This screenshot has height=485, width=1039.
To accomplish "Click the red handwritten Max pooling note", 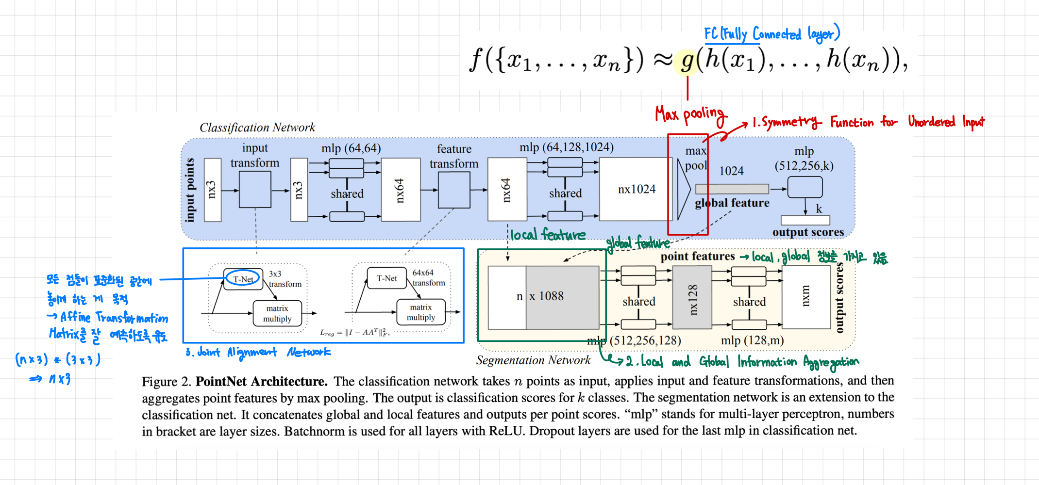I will (689, 114).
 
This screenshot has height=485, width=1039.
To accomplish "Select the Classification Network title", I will (257, 128).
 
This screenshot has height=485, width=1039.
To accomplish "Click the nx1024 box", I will (636, 189).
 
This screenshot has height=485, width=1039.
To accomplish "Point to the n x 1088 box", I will (543, 296).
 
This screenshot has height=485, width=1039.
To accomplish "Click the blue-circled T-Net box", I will (243, 279).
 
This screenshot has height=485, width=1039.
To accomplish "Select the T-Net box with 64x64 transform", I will (386, 278).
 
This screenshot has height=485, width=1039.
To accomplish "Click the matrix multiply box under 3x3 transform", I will (277, 314).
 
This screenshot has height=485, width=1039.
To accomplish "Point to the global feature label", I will (732, 203).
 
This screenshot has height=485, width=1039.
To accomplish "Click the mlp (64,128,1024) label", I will (566, 147).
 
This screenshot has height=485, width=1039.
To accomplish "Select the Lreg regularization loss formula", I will (354, 333).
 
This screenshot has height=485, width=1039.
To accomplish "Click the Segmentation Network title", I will (533, 360).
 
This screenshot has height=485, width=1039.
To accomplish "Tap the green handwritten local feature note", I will (548, 235).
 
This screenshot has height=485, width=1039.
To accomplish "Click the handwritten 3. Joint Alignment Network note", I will (258, 352).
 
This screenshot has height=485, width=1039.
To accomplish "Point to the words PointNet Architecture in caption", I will (261, 382).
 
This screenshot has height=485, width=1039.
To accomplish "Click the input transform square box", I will (255, 189).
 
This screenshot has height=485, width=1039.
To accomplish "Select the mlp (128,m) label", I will (752, 340).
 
